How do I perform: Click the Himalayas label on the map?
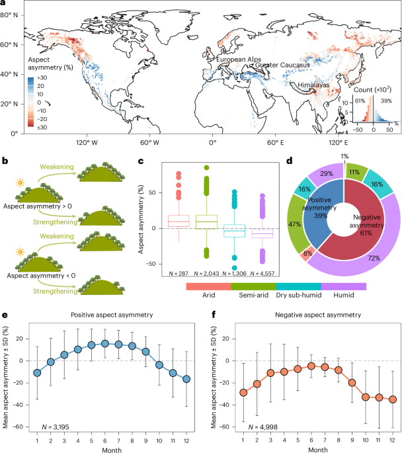313,85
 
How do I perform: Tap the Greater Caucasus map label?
282,65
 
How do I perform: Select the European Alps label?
239,60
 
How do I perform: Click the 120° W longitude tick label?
87,142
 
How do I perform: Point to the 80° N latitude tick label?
9,15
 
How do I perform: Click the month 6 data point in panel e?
105,343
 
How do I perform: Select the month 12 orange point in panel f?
393,399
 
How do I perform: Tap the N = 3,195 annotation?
56,427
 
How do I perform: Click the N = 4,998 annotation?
262,427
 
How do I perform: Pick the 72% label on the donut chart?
374,258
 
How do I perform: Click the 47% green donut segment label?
295,224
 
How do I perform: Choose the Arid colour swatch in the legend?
209,286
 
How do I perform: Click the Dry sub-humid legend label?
299,295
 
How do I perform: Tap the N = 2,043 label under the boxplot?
206,273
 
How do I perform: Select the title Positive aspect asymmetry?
112,315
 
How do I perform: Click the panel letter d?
290,161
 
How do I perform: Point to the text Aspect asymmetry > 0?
38,206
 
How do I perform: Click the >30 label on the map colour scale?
42,78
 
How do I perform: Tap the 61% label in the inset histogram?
360,101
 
